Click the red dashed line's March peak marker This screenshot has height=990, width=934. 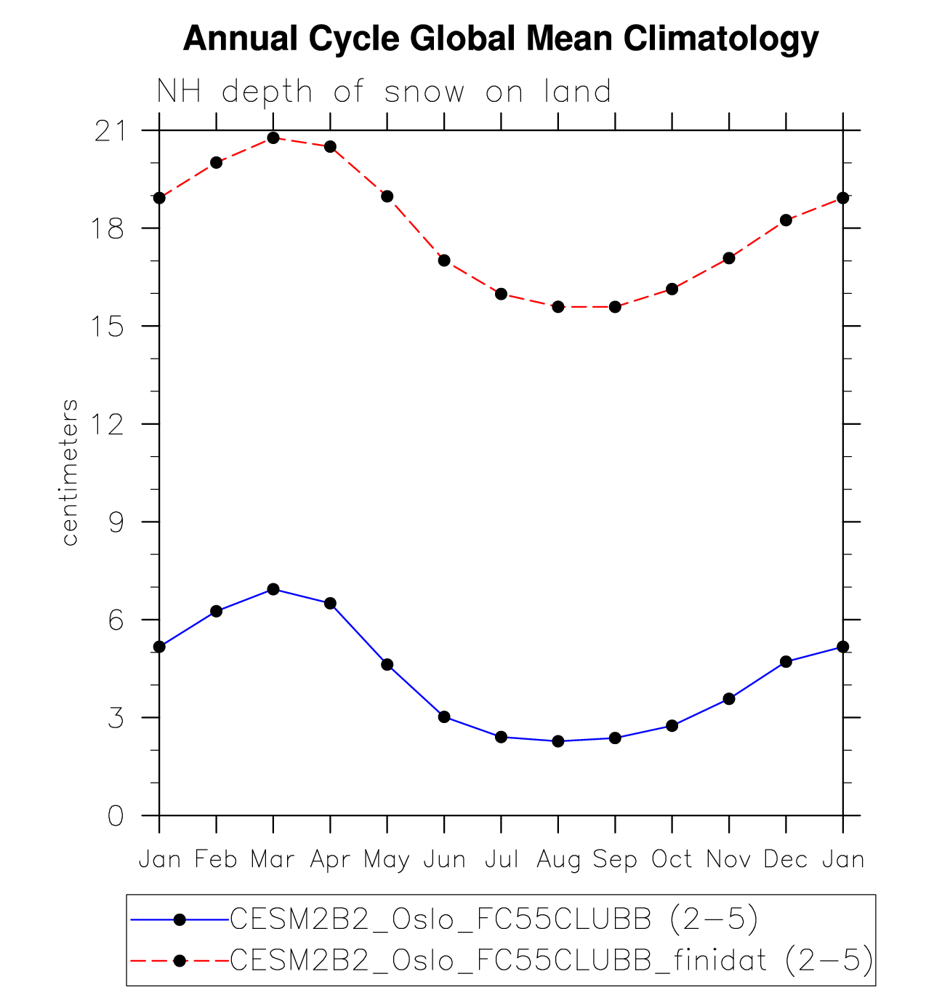273,137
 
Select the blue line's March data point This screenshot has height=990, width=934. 273,589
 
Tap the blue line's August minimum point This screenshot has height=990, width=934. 558,741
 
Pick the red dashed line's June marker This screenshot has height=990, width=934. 444,260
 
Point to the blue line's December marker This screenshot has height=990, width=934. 786,662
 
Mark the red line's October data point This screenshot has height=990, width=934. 672,289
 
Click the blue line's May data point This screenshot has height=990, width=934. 387,665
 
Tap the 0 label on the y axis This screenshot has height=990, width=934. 116,816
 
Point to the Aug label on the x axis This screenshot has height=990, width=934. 558,860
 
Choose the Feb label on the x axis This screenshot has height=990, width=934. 216,860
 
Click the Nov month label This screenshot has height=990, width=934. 728,860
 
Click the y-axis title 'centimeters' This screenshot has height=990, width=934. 70,473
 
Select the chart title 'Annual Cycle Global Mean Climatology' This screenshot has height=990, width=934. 501,39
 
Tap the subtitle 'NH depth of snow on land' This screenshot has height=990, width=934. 384,92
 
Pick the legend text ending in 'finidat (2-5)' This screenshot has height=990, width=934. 552,961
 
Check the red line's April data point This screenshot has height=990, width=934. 330,147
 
